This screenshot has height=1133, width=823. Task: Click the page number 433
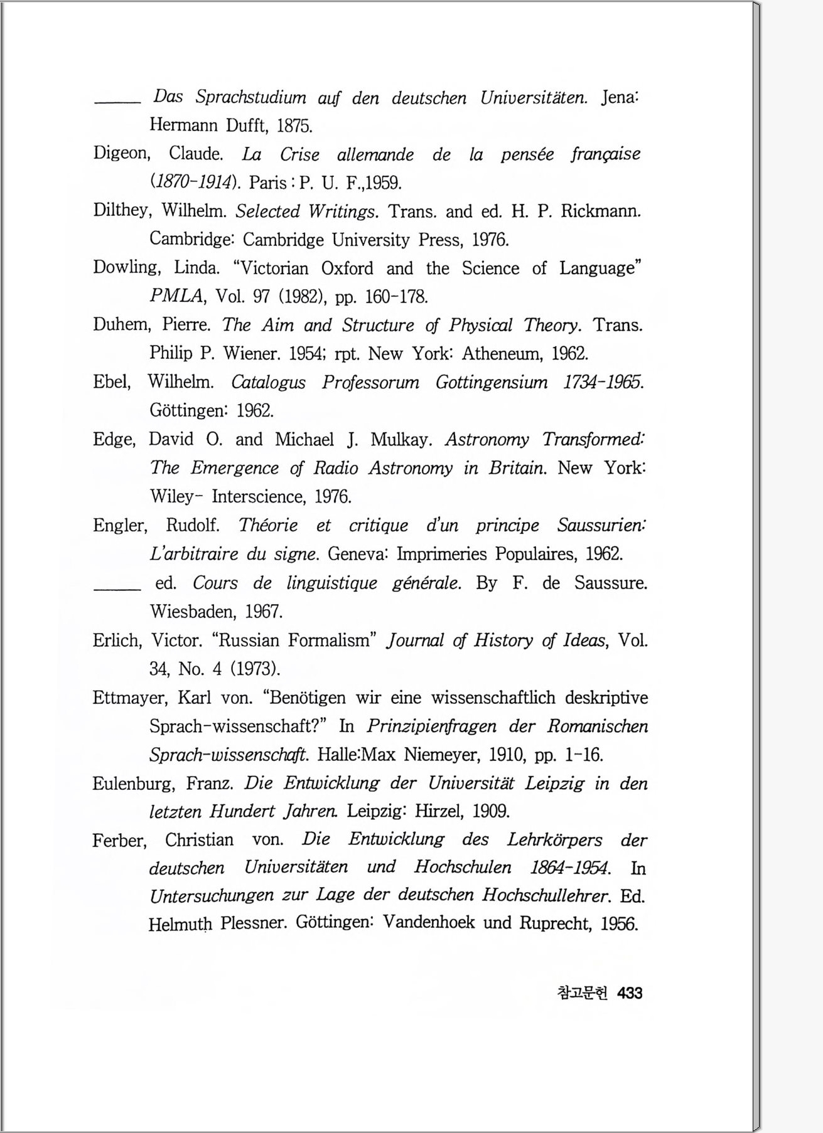coord(630,993)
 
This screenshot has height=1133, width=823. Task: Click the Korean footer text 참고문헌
coord(583,993)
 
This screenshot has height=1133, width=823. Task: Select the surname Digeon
coord(121,154)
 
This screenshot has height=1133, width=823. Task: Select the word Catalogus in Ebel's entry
coord(268,382)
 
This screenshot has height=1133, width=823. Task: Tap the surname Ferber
coord(119,840)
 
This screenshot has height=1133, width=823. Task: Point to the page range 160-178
coord(396,296)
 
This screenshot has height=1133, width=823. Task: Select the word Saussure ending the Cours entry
coord(611,583)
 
